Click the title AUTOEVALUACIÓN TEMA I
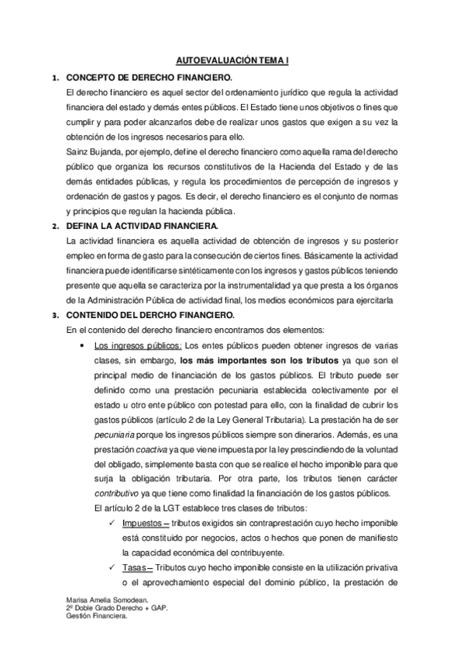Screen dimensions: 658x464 232,60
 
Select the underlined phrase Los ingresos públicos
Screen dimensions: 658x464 139,344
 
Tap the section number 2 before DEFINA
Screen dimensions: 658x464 53,227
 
